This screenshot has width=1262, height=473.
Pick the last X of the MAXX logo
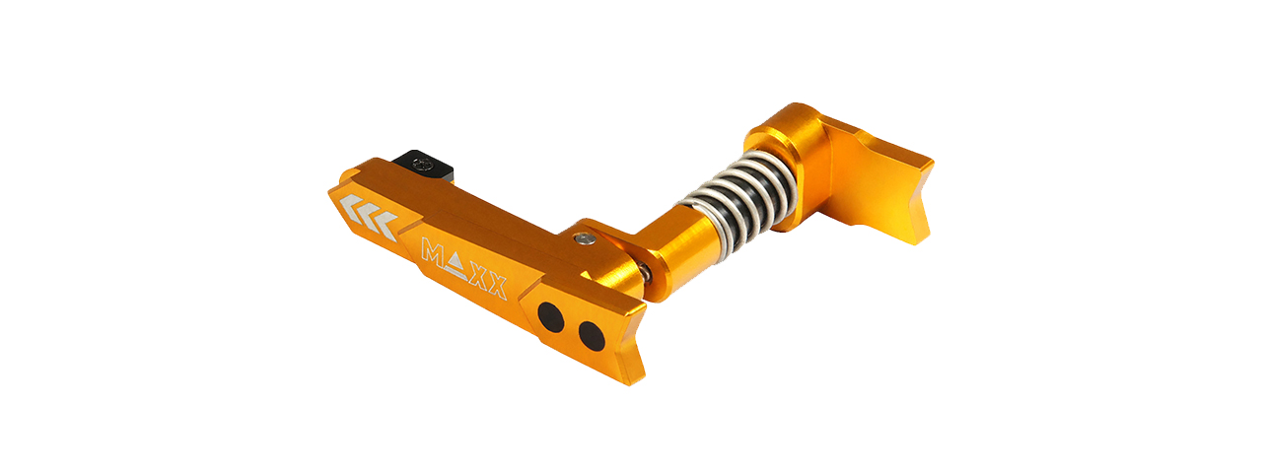[x=497, y=286]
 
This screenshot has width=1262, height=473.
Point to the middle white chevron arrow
[x=369, y=212]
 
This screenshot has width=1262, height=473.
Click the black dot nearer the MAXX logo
[x=550, y=316]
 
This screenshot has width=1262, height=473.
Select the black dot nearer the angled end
[x=592, y=336]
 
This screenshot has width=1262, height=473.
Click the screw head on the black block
[x=422, y=164]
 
